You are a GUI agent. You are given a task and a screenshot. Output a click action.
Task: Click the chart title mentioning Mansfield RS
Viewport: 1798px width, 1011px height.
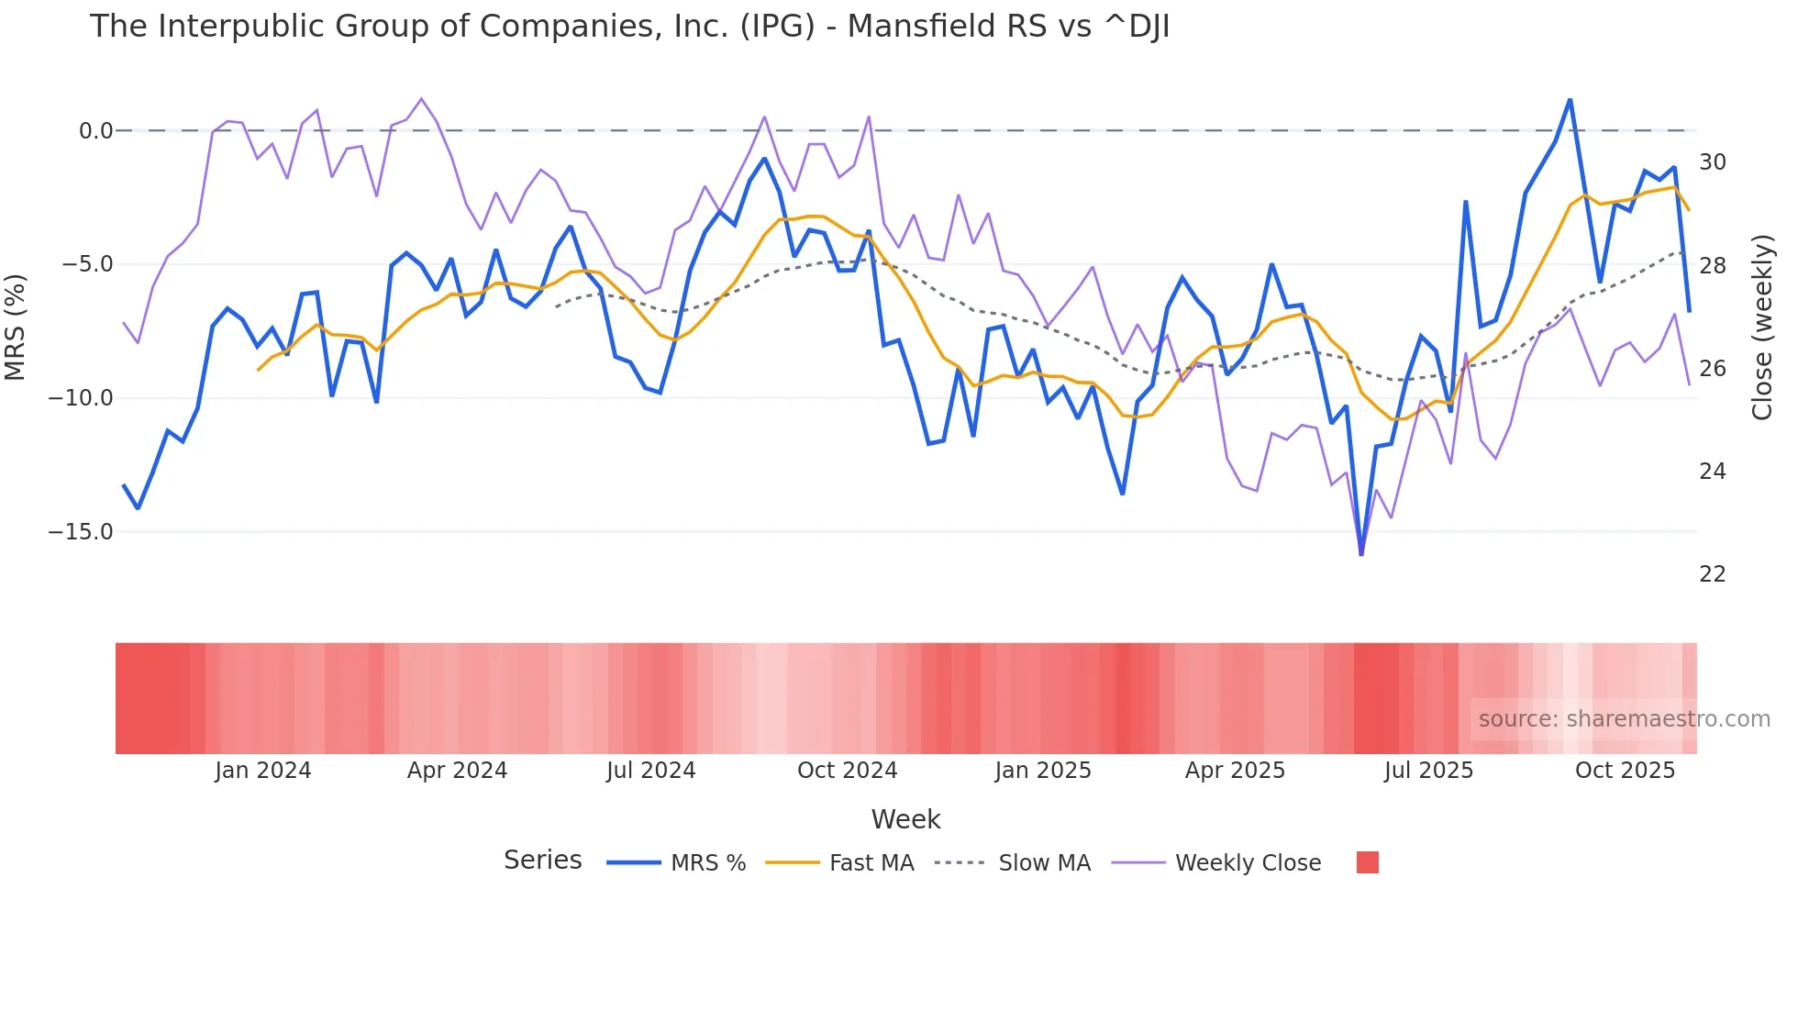(x=629, y=27)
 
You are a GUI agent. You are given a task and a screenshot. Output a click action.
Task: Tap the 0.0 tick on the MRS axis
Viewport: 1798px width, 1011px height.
(x=95, y=131)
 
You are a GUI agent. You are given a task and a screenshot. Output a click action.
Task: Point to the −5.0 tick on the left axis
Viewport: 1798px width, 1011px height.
(x=87, y=265)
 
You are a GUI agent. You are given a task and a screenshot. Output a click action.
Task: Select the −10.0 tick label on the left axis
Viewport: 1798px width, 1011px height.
(x=81, y=398)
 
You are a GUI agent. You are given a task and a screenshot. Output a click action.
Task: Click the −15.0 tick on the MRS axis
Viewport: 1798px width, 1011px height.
(x=81, y=532)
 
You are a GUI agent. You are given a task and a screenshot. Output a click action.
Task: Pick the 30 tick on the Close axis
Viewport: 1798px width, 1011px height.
(x=1712, y=162)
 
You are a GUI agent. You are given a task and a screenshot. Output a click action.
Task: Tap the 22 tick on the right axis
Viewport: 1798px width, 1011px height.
(x=1712, y=574)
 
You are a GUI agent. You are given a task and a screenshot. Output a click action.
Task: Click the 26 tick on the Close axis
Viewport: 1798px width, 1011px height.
(x=1712, y=369)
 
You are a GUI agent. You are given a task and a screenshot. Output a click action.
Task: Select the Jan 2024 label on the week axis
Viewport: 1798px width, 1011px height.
(x=263, y=771)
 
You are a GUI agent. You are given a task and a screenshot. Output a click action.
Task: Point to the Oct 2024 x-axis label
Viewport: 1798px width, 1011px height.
(x=847, y=771)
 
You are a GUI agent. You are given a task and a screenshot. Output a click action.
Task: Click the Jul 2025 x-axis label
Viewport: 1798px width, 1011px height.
(x=1428, y=771)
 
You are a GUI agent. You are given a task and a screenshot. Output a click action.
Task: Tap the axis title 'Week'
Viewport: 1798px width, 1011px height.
(x=905, y=819)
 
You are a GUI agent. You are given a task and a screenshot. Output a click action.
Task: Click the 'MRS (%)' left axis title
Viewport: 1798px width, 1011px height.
(x=16, y=328)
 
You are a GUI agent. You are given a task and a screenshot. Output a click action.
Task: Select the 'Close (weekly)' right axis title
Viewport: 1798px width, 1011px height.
(x=1762, y=328)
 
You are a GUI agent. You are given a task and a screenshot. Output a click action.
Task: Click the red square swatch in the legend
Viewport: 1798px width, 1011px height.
(x=1367, y=862)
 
